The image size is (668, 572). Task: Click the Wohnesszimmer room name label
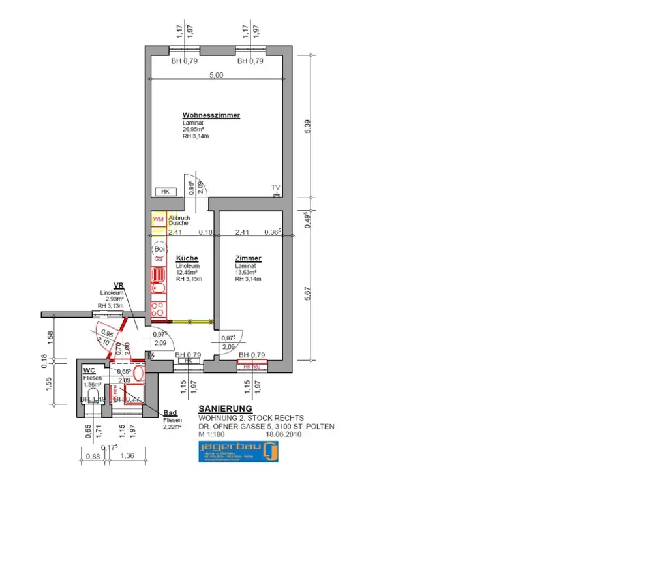click(211, 115)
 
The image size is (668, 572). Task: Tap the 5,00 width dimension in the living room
click(216, 75)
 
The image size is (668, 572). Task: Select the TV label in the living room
click(275, 187)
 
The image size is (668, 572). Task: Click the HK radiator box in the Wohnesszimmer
click(165, 192)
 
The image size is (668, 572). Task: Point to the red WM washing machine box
click(158, 219)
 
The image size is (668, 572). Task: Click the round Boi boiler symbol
click(159, 248)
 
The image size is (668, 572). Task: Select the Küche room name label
click(187, 258)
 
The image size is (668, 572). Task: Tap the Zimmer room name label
click(248, 258)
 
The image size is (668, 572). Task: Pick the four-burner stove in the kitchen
click(159, 306)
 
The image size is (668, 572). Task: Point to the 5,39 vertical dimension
click(309, 128)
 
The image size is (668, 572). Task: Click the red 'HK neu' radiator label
click(252, 367)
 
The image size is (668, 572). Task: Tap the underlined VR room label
click(119, 285)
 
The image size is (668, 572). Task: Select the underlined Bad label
click(170, 413)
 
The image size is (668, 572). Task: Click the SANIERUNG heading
click(225, 409)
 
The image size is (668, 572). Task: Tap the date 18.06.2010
click(284, 434)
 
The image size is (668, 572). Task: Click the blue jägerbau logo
click(238, 451)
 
